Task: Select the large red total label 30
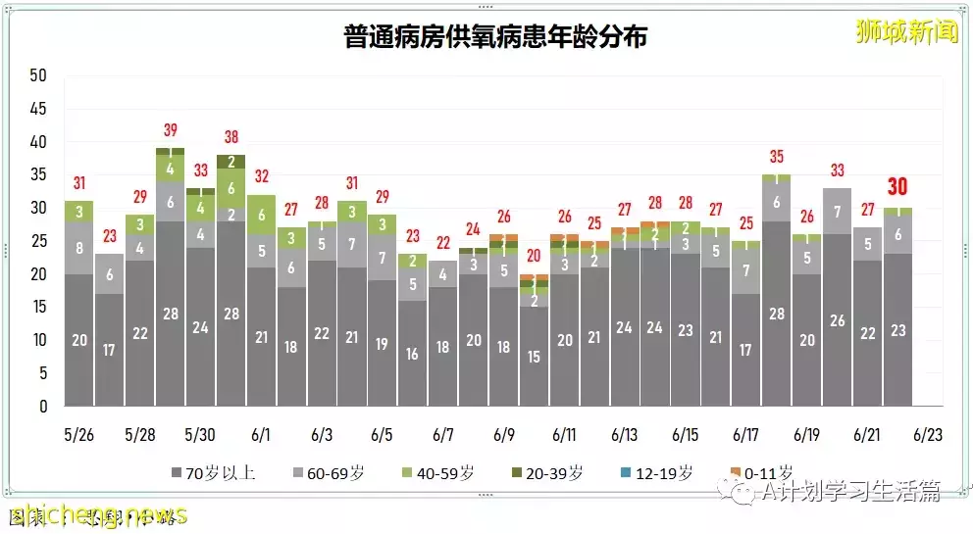(x=898, y=186)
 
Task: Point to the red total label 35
(x=777, y=157)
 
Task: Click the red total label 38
(x=231, y=137)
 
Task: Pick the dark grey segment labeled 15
(x=535, y=357)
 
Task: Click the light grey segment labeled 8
(x=79, y=248)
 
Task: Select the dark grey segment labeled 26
(x=837, y=320)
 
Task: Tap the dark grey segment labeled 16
(x=413, y=353)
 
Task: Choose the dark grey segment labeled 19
(x=383, y=344)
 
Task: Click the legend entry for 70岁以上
(x=213, y=473)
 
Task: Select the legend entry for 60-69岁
(x=337, y=473)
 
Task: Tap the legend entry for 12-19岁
(x=660, y=473)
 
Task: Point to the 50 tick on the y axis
(x=38, y=75)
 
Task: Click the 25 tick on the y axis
(x=38, y=241)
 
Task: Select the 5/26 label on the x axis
(x=79, y=435)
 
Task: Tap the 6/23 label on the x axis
(x=927, y=435)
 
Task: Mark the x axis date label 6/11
(x=564, y=435)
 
